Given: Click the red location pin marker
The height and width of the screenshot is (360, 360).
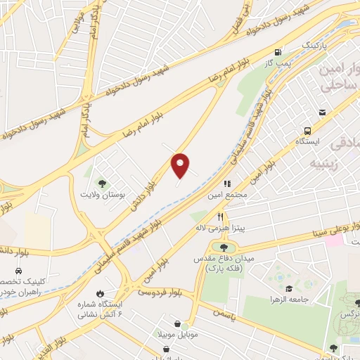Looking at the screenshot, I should [181, 165].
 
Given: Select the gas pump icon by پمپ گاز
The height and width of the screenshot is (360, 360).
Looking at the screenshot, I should [279, 52].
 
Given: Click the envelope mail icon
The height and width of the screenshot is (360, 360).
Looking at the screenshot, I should [322, 112].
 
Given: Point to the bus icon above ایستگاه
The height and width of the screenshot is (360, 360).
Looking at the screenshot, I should [308, 130].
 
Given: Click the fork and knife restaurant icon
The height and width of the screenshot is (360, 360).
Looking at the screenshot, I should [221, 217].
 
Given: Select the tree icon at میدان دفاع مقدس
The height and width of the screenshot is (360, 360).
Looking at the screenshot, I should [224, 247].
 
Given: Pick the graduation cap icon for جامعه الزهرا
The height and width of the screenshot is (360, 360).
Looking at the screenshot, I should [289, 289].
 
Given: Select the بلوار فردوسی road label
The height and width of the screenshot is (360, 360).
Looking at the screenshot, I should [161, 290].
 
